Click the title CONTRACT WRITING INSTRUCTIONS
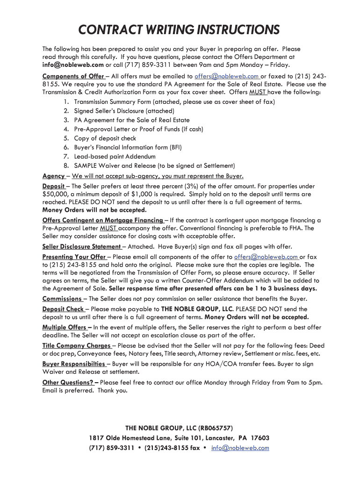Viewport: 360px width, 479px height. [179, 30]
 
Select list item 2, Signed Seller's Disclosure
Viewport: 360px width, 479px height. [124, 111]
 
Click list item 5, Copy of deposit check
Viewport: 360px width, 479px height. [105, 138]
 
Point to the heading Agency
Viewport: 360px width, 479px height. [54, 176]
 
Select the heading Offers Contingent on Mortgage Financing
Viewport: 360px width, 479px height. [103, 220]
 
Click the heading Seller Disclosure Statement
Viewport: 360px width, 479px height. [82, 247]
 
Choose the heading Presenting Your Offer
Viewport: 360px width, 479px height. [74, 257]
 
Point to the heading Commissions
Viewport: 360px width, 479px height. [62, 299]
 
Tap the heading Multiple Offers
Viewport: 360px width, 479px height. [65, 327]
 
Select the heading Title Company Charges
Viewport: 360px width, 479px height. [77, 346]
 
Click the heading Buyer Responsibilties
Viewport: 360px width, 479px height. [74, 364]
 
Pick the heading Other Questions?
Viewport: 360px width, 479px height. [68, 382]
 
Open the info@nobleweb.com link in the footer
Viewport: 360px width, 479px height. [240, 448]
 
